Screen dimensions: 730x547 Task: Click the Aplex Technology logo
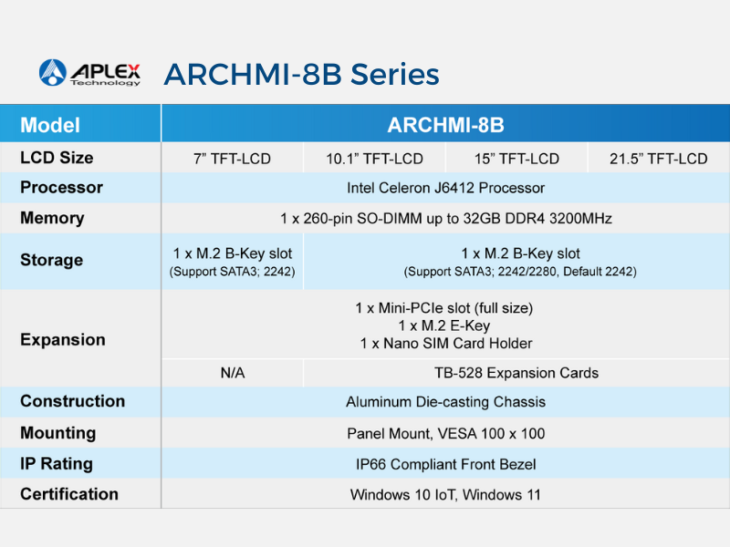tap(89, 73)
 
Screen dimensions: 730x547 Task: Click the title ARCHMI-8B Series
tap(301, 75)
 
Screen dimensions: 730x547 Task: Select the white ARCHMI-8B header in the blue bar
tap(445, 125)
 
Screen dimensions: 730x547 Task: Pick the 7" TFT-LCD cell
tap(232, 159)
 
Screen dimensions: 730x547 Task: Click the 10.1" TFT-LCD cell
tap(374, 159)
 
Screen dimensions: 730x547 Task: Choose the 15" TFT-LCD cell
tap(516, 159)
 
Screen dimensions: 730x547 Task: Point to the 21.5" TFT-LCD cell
tap(659, 159)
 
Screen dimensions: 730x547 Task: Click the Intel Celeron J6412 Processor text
tap(445, 188)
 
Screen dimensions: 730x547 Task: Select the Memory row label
tap(52, 218)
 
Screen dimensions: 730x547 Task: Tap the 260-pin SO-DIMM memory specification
tap(445, 218)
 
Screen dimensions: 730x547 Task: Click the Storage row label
tap(51, 260)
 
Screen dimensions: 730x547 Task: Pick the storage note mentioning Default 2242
tap(520, 272)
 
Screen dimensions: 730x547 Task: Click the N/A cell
tap(233, 373)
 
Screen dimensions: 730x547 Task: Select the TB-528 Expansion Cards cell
tap(516, 373)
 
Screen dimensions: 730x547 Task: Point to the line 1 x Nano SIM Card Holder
tap(445, 344)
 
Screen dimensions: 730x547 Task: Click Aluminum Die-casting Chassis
tap(445, 402)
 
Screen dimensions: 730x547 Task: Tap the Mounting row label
tap(58, 433)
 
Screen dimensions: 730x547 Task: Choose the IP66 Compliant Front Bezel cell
tap(445, 464)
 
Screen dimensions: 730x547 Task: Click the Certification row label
tap(69, 494)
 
